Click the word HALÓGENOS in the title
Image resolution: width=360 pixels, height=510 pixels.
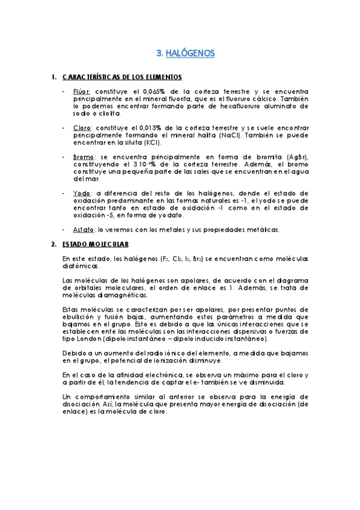[190, 54]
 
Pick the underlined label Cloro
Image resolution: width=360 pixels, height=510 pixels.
[82, 128]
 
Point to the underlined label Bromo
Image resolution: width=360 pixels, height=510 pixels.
[84, 157]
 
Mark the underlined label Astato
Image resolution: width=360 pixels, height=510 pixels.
[84, 229]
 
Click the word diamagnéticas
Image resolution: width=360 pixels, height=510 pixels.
[127, 295]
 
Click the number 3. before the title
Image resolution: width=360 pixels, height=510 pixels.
[159, 54]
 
